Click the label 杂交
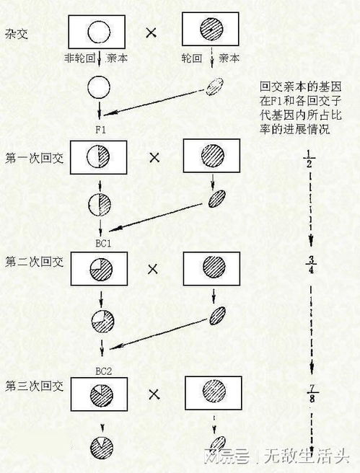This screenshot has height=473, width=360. tap(17, 33)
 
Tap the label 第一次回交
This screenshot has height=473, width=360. tap(34, 158)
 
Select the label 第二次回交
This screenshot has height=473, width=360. tap(34, 262)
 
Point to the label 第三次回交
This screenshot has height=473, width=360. tap(34, 386)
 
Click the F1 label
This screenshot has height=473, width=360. tap(101, 130)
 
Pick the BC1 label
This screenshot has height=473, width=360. tap(103, 244)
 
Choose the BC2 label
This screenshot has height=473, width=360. tap(103, 371)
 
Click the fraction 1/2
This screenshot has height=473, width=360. tap(309, 159)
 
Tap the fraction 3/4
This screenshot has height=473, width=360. tap(311, 265)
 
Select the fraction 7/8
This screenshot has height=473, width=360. tap(312, 393)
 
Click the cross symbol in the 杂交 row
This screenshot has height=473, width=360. tap(151, 32)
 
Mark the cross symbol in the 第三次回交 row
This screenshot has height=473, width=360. tap(154, 394)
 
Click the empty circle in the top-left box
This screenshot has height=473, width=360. tap(99, 32)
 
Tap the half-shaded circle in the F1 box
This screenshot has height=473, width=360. tap(98, 157)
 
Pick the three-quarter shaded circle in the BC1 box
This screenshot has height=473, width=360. tap(101, 269)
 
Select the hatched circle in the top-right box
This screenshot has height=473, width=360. tap(211, 29)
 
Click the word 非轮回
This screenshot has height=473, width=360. tap(79, 58)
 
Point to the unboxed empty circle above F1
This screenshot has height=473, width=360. tap(99, 87)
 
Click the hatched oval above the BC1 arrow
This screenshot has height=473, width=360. tap(217, 198)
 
